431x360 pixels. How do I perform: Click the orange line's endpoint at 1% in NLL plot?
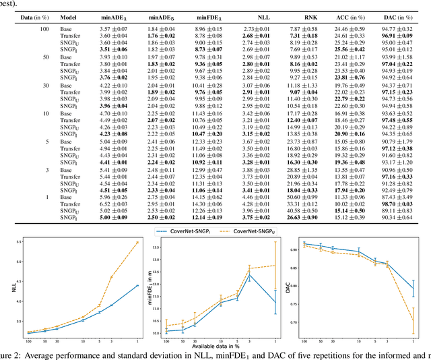[139, 242]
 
